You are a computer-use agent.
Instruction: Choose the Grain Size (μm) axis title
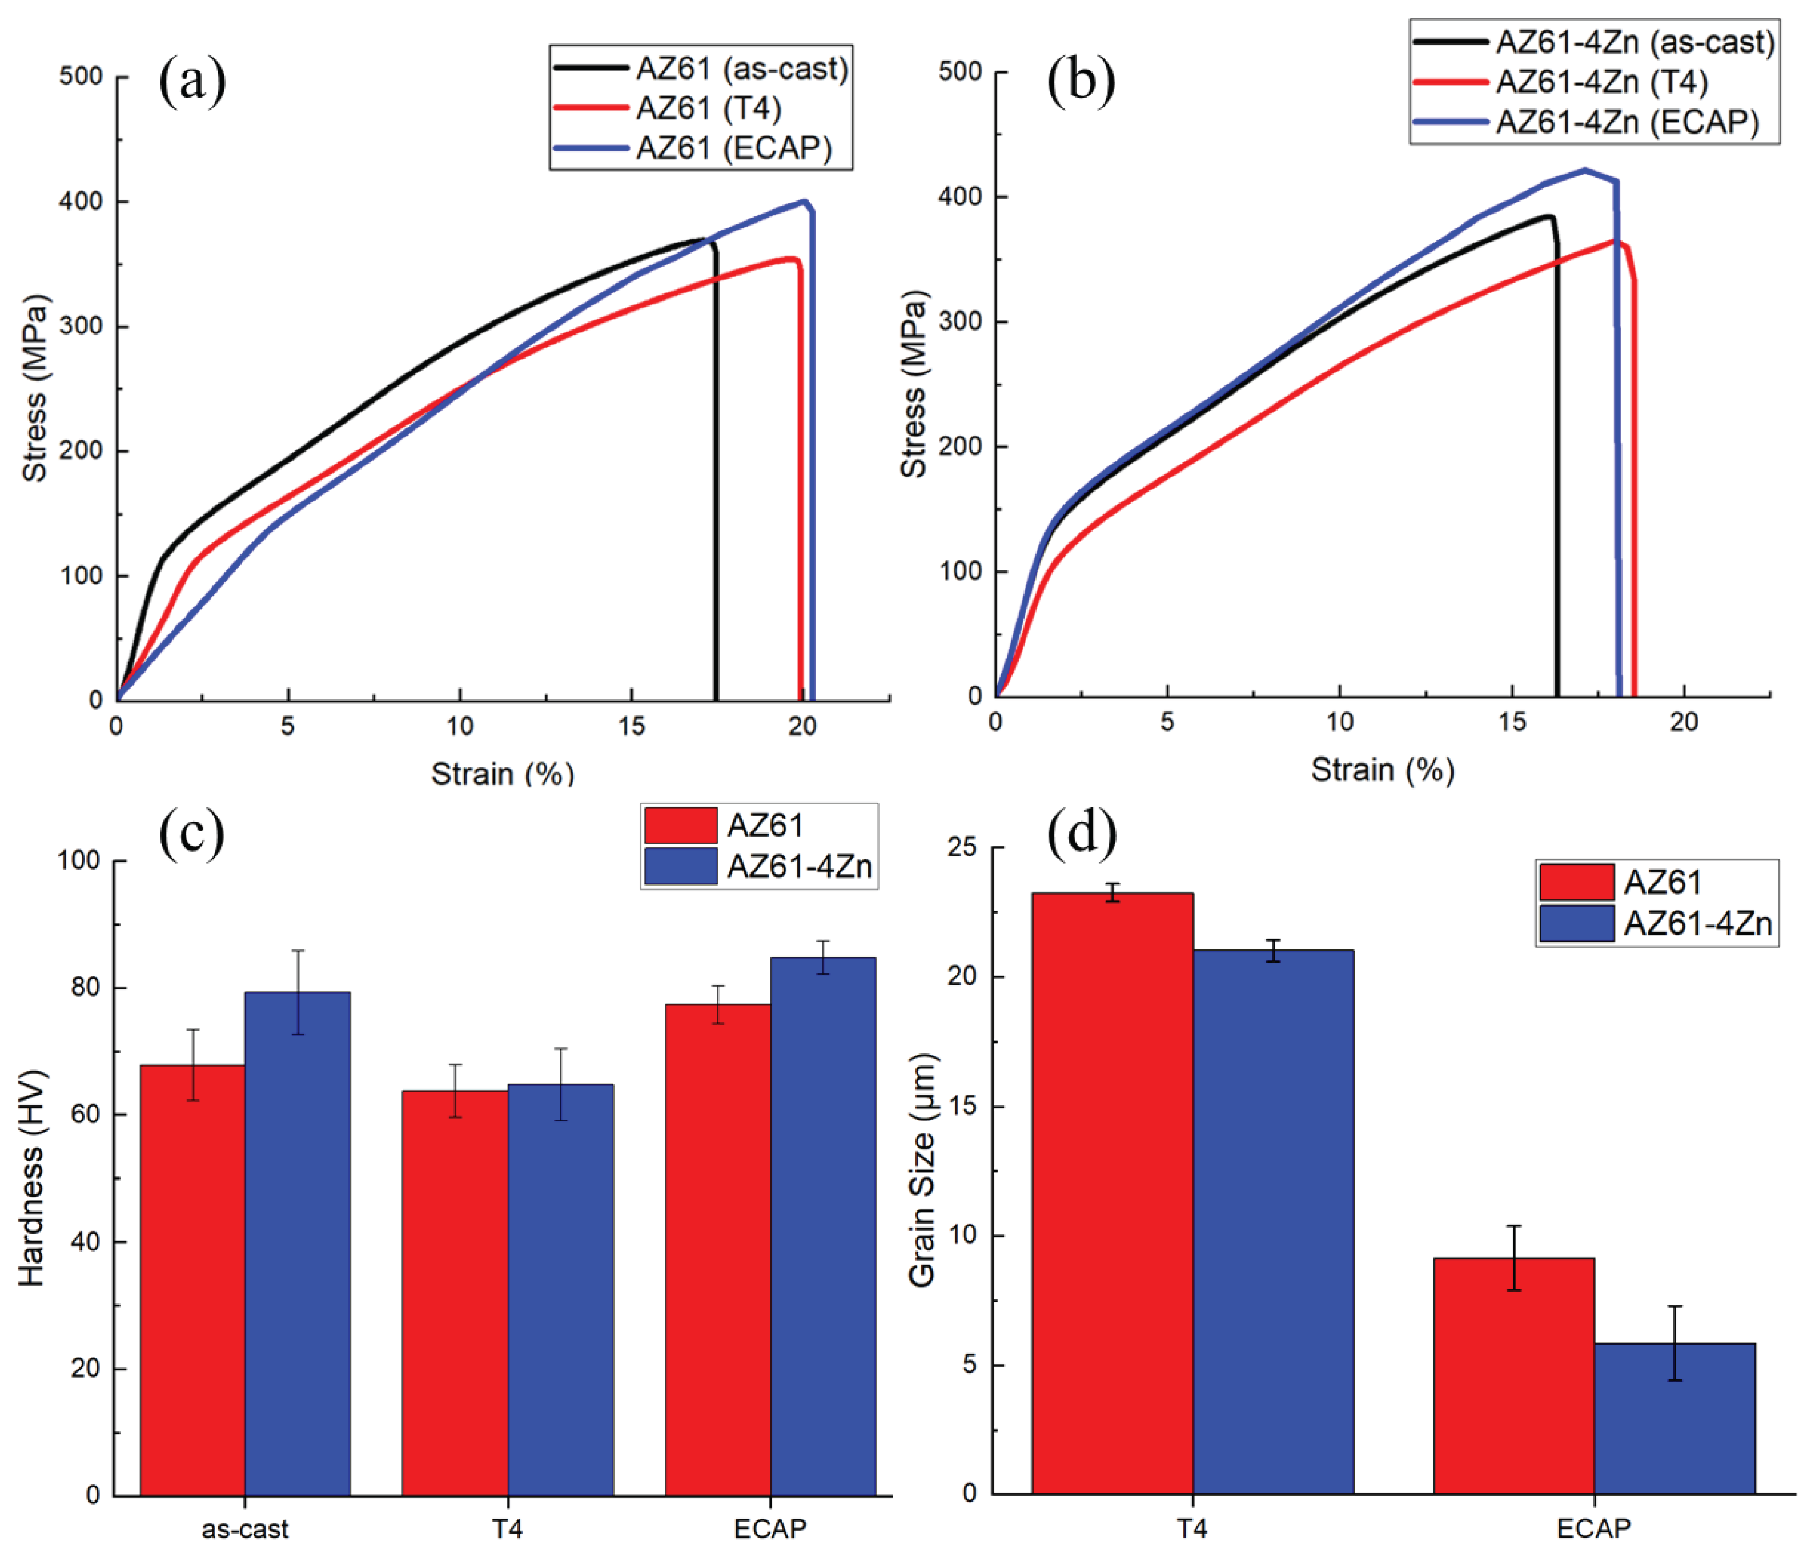pyautogui.click(x=922, y=1170)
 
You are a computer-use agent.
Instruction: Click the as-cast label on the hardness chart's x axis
pyautogui.click(x=245, y=1528)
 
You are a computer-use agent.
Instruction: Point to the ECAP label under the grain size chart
pyautogui.click(x=1593, y=1528)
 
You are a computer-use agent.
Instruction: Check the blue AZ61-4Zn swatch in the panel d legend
pyautogui.click(x=1576, y=923)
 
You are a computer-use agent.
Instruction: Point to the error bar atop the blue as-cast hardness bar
pyautogui.click(x=298, y=992)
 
